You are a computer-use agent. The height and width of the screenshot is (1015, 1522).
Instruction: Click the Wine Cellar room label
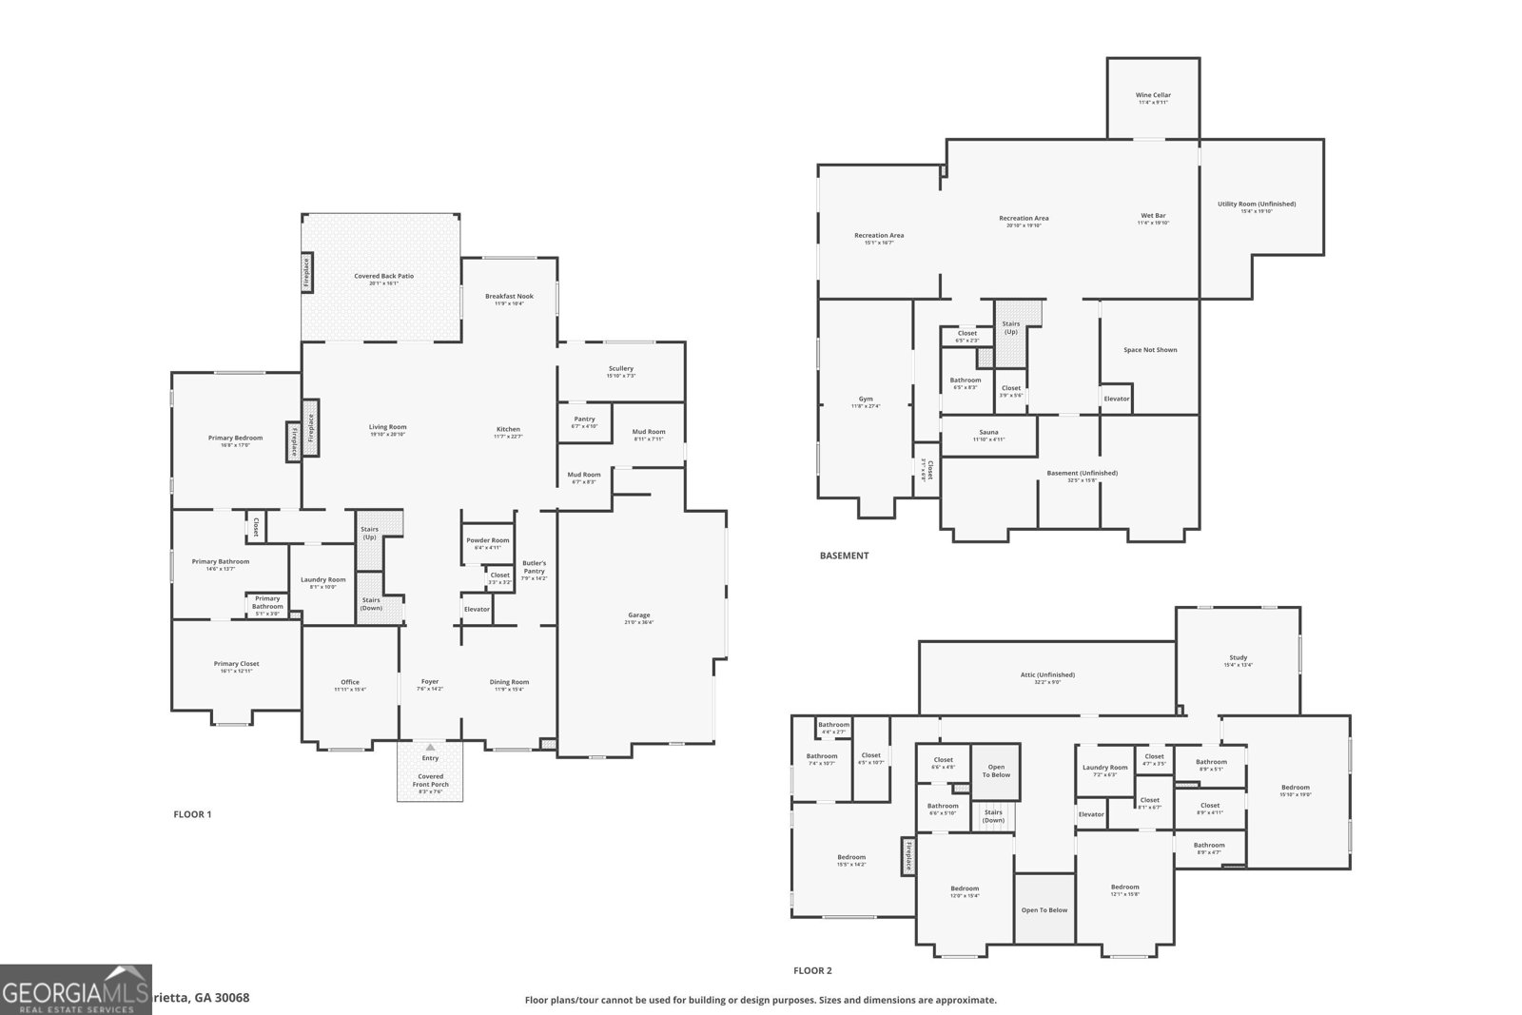(x=1153, y=95)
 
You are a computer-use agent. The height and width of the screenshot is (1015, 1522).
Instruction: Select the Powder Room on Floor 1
(x=487, y=543)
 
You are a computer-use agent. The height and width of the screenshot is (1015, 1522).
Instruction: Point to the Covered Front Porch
(x=430, y=783)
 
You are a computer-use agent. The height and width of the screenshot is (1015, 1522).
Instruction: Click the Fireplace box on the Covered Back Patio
(x=306, y=271)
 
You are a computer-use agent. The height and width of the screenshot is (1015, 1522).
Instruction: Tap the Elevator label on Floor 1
(x=477, y=609)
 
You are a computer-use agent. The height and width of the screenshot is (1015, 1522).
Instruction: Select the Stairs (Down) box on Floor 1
(x=371, y=603)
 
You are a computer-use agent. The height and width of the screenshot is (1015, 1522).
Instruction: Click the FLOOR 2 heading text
(x=812, y=970)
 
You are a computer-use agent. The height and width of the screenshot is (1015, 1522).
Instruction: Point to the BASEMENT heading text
(x=844, y=556)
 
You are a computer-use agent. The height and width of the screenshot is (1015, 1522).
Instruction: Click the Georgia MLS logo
(x=75, y=989)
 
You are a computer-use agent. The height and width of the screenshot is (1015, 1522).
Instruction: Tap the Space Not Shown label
(x=1149, y=350)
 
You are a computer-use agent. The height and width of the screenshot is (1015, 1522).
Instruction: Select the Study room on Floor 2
(x=1238, y=660)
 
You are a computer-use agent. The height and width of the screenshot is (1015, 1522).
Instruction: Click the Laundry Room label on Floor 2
(x=1104, y=767)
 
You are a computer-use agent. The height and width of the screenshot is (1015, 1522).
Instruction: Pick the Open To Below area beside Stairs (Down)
(x=996, y=771)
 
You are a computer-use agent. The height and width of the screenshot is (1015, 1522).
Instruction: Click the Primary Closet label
(x=236, y=664)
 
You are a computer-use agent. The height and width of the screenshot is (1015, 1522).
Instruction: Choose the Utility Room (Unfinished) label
(x=1256, y=204)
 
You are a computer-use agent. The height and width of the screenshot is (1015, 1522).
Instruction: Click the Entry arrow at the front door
(x=430, y=747)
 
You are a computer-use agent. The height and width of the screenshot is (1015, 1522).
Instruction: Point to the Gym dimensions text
(x=866, y=406)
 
